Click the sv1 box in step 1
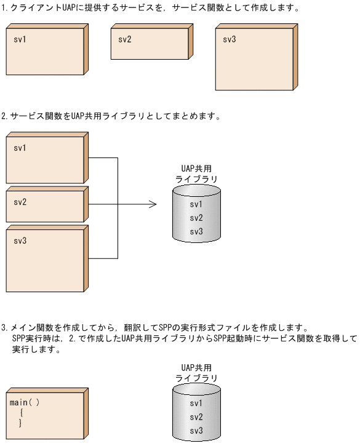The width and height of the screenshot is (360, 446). (x=44, y=52)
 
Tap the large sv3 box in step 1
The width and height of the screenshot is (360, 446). (x=254, y=58)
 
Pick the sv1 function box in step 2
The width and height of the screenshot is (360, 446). (x=44, y=160)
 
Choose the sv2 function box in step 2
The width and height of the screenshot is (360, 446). (x=44, y=206)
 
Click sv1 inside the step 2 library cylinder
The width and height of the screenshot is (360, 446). (x=196, y=204)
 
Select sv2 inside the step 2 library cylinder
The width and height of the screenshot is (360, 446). (x=196, y=218)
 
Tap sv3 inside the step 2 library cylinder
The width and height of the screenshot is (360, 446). (x=196, y=231)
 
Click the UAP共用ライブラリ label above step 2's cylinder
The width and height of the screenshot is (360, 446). (x=196, y=173)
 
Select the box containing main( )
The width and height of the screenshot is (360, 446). (x=44, y=413)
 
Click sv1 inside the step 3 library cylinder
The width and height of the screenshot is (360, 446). (x=196, y=404)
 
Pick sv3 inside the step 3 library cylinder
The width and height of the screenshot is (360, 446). (x=196, y=431)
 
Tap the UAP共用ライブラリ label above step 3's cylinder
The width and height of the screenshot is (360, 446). (x=196, y=373)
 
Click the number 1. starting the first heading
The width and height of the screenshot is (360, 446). (x=6, y=9)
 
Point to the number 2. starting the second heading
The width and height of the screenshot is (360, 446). (x=6, y=116)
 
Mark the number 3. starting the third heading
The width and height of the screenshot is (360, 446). (x=6, y=328)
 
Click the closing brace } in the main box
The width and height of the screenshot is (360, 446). (x=20, y=423)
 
